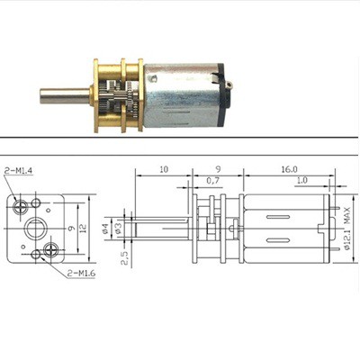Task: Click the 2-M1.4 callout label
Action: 20,172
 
